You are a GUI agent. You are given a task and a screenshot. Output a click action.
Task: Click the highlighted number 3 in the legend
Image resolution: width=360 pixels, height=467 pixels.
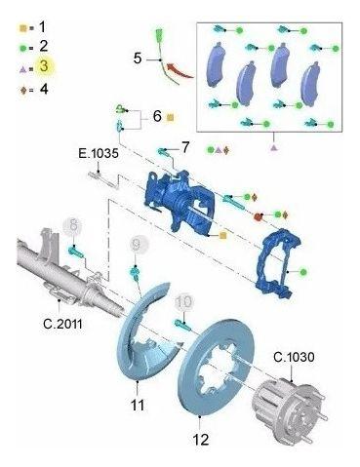coord(44,66)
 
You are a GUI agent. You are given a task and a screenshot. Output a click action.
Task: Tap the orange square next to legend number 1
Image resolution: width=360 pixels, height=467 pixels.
coord(22,28)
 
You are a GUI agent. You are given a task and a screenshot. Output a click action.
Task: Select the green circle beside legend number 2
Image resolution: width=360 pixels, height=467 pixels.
coord(23,48)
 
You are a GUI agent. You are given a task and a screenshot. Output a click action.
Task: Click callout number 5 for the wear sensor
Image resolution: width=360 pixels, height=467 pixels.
coord(138,58)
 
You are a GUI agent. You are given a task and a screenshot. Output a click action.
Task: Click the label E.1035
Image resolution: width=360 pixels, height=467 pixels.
coord(99,153)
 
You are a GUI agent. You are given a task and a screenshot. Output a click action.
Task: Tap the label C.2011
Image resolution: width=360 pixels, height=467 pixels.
coord(62,324)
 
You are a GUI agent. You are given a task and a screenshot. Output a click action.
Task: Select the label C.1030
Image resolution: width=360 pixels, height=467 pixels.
coord(294,358)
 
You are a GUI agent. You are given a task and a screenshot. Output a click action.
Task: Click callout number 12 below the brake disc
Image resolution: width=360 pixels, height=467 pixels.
coord(201,440)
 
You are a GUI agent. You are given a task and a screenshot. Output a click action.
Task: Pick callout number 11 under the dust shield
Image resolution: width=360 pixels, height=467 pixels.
coord(138,405)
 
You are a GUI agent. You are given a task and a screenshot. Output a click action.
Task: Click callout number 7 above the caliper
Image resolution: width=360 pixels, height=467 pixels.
coord(184,148)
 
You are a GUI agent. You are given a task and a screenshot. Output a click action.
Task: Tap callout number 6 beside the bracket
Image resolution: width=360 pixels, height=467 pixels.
coord(157,116)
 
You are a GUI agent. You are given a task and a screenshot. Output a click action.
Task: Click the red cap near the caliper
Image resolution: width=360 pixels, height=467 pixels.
coord(258,216)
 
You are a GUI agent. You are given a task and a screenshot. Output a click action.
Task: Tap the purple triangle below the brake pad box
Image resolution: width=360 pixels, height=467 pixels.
coord(274,148)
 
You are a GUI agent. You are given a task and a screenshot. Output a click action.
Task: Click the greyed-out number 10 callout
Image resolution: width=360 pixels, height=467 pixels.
coord(184,302)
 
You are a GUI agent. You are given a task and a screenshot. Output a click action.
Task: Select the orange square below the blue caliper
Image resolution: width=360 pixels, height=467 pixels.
coord(222,236)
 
